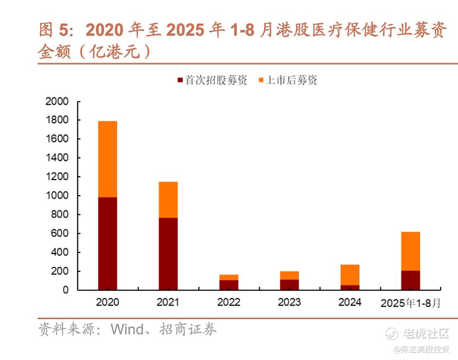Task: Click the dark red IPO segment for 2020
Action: pos(107,243)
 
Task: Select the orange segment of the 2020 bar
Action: pos(107,159)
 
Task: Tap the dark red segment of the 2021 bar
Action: pos(168,254)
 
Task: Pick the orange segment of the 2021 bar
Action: pos(168,199)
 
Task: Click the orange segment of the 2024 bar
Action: pos(350,275)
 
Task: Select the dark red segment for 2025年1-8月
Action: pos(410,280)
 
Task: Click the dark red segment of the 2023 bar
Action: pos(289,284)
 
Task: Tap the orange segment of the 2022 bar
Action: pos(229,277)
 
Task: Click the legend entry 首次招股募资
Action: pos(212,80)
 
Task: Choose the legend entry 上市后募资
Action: pos(287,80)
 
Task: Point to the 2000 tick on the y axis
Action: pos(57,102)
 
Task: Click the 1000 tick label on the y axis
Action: pos(57,196)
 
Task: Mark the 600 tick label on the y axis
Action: pos(60,233)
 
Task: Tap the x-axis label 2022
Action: pos(229,302)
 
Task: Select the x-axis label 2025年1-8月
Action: pos(410,303)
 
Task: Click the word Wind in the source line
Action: pos(127,329)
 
